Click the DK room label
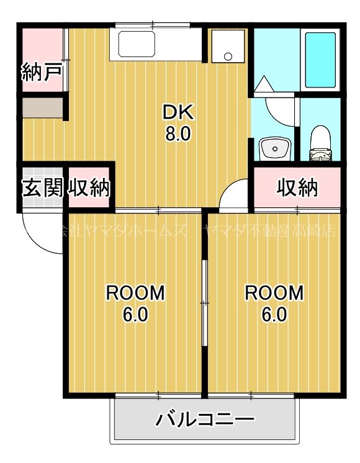pyautogui.click(x=179, y=112)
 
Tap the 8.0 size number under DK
pyautogui.click(x=179, y=134)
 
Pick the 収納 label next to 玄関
pyautogui.click(x=89, y=187)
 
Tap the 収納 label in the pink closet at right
pyautogui.click(x=297, y=187)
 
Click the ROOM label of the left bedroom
pyautogui.click(x=135, y=293)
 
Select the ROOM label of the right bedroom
pyautogui.click(x=274, y=293)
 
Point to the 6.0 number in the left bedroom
pyautogui.click(x=135, y=315)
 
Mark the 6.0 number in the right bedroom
pyautogui.click(x=274, y=315)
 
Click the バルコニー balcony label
pyautogui.click(x=205, y=420)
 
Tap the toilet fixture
pyautogui.click(x=320, y=142)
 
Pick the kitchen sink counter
pyautogui.click(x=155, y=45)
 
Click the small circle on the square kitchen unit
pyautogui.click(x=228, y=56)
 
